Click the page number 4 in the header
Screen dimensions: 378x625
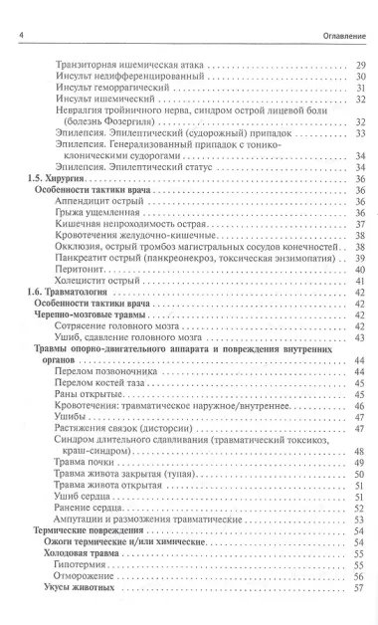[22, 12]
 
